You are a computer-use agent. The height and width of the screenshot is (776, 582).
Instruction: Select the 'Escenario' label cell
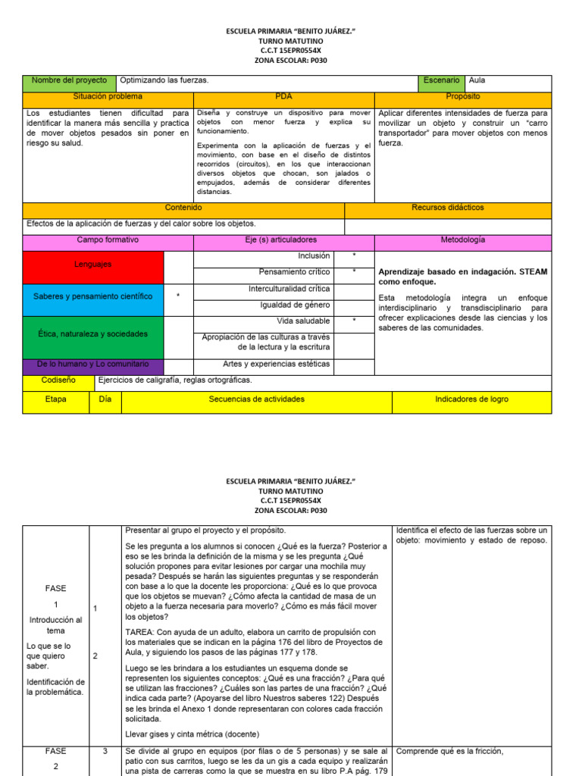pyautogui.click(x=441, y=80)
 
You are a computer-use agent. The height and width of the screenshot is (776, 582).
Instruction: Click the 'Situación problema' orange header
pyautogui.click(x=108, y=97)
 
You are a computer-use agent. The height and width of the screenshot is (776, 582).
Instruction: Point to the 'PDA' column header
pyautogui.click(x=283, y=97)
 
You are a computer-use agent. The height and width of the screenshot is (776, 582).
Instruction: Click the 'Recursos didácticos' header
pyautogui.click(x=448, y=208)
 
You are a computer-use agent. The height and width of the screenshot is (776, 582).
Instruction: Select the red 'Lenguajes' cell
pyautogui.click(x=93, y=264)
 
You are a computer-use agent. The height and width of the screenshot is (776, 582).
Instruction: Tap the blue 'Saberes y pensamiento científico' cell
pyautogui.click(x=93, y=296)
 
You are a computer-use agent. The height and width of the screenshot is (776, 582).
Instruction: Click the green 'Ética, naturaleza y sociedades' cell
pyautogui.click(x=93, y=333)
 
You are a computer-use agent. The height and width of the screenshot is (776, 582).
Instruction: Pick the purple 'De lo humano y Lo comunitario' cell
pyautogui.click(x=93, y=364)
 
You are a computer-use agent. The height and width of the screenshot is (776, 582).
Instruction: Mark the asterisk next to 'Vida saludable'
pyautogui.click(x=354, y=321)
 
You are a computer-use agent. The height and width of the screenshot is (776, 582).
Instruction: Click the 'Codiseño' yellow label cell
pyautogui.click(x=58, y=380)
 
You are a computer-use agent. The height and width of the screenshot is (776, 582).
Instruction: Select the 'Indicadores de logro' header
pyautogui.click(x=471, y=399)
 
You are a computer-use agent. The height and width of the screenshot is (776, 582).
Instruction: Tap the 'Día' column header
pyautogui.click(x=105, y=399)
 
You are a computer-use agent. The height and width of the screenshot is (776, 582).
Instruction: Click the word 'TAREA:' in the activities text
pyautogui.click(x=142, y=632)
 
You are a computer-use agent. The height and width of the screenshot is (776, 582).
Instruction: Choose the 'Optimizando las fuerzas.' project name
pyautogui.click(x=164, y=80)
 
